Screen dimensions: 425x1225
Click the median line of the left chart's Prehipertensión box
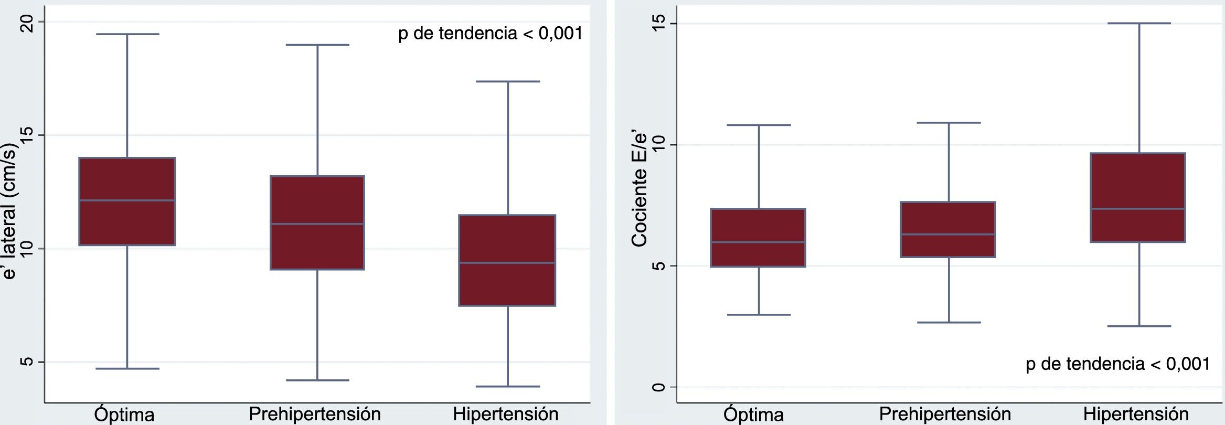317,224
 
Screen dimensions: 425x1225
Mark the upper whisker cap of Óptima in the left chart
127,34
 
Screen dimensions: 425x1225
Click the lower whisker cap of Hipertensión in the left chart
507,387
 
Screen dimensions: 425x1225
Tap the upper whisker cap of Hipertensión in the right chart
1139,23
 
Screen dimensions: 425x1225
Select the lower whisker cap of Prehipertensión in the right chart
949,322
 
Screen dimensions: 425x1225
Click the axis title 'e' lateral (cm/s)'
10,210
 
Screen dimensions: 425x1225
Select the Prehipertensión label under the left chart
315,414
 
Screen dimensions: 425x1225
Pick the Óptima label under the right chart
753,415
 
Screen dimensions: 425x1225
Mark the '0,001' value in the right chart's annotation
1188,364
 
